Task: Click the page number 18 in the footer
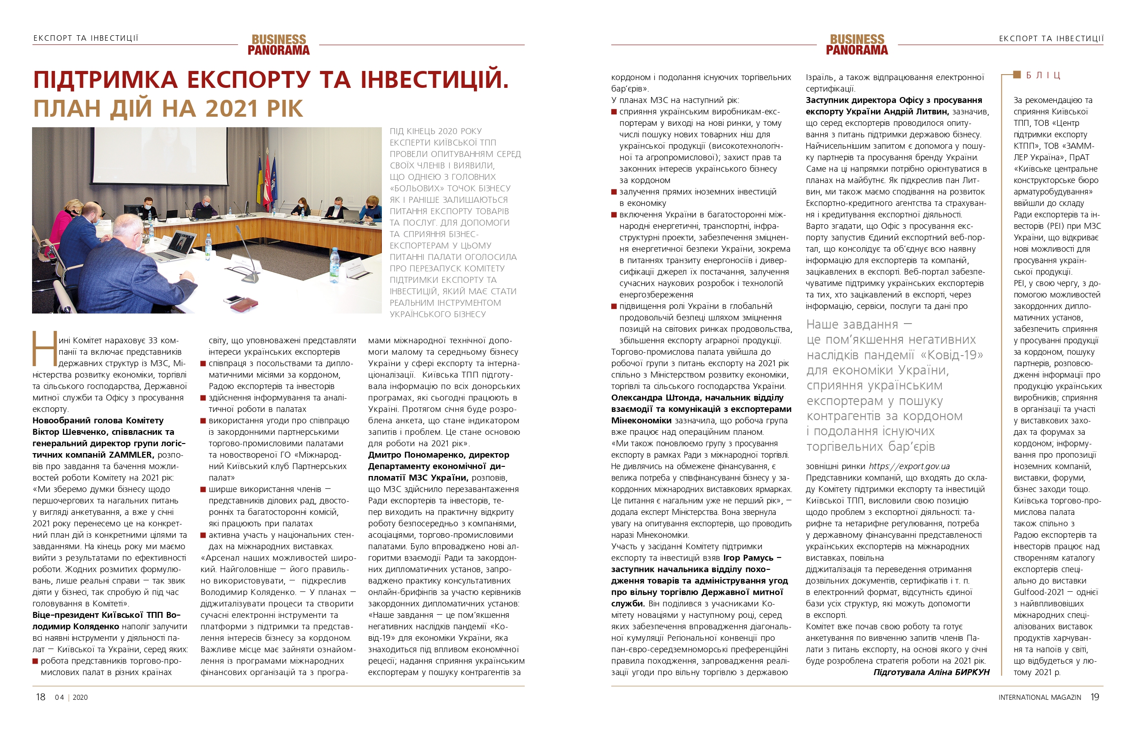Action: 40,697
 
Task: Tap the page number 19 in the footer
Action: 1094,697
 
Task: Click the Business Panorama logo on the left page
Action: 278,44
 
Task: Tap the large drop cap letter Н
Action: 43,348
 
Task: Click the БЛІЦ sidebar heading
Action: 1043,76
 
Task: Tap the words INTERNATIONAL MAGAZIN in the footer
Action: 1039,698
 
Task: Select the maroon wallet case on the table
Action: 244,305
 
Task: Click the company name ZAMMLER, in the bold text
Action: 131,455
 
